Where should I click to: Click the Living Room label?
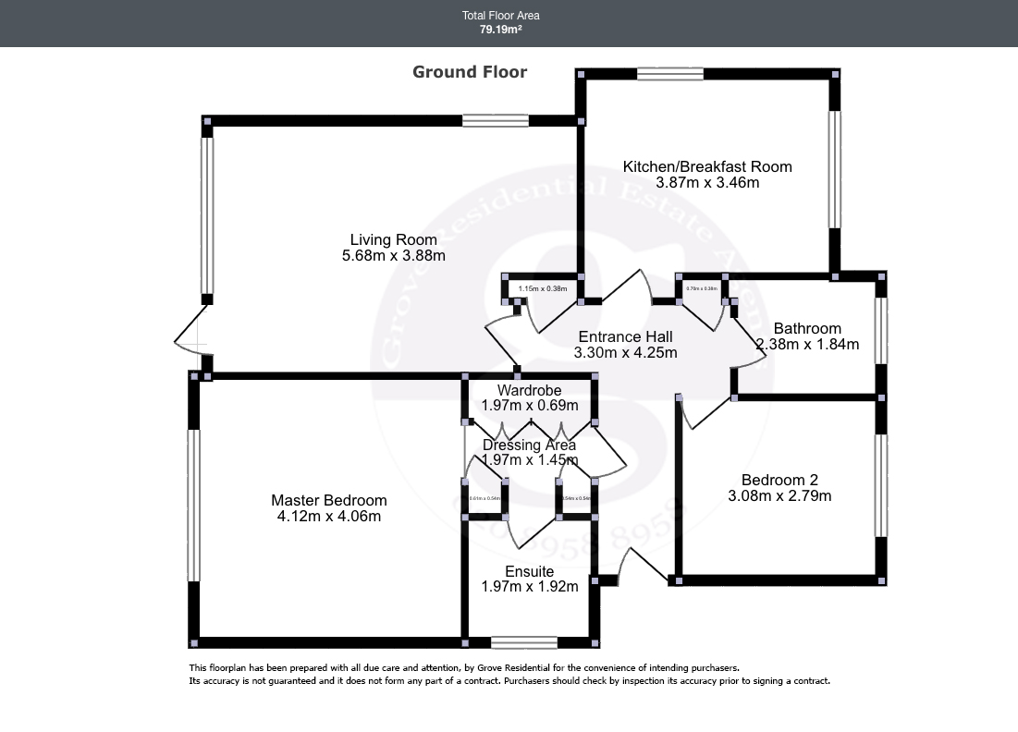(x=393, y=239)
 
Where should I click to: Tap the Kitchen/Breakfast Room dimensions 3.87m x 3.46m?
(x=707, y=183)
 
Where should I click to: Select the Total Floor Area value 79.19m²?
(x=500, y=30)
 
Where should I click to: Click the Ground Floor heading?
(x=470, y=72)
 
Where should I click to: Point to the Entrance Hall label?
(x=625, y=336)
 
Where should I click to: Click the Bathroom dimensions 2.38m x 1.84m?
(x=807, y=345)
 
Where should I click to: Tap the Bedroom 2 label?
(x=779, y=480)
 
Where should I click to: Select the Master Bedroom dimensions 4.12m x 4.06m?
(x=328, y=517)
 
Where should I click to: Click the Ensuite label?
(x=529, y=571)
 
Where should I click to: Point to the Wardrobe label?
(x=529, y=390)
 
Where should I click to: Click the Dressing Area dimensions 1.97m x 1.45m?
(x=529, y=460)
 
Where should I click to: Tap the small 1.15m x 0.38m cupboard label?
(x=543, y=289)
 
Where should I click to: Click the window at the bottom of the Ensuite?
(x=524, y=642)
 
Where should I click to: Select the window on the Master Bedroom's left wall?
(x=193, y=506)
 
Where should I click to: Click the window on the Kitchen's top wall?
(x=670, y=74)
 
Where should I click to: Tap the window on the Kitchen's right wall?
(x=835, y=169)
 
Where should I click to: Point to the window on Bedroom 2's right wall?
(x=882, y=485)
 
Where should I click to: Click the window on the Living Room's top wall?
(x=496, y=120)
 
